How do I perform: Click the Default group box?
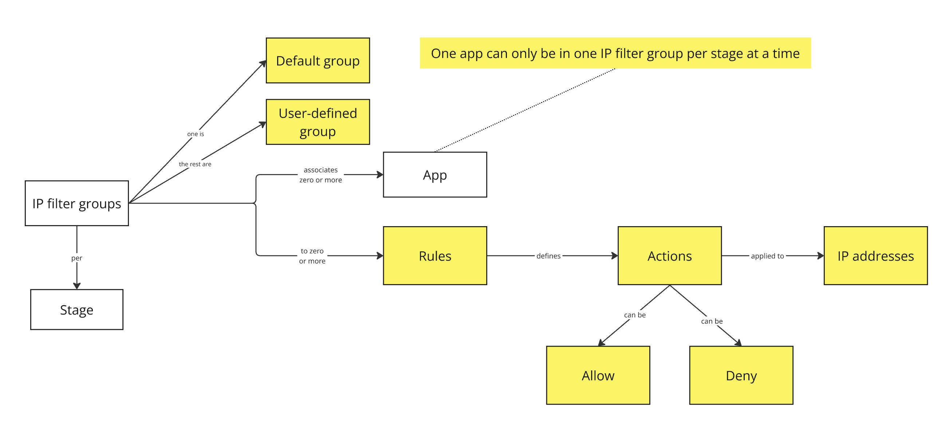coord(318,61)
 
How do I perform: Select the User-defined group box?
coord(318,122)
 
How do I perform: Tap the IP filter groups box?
coord(77,203)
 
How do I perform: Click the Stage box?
coord(77,310)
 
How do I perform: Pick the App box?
coord(435,175)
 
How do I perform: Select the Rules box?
coord(435,256)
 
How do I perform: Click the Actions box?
coord(669,256)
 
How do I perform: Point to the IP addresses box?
coord(875,256)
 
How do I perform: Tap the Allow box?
coord(598,375)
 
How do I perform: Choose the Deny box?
coord(741,375)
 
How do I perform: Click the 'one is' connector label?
coord(196,134)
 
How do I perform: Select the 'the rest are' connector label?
coord(195,165)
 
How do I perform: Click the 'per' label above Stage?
coord(77,258)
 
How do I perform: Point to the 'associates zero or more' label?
coord(320,175)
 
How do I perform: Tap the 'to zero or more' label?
coord(312,256)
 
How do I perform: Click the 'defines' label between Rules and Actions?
coord(548,256)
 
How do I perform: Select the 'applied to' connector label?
coord(767,256)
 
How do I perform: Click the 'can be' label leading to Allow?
coord(634,315)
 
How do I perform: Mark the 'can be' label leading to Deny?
coord(712,321)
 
